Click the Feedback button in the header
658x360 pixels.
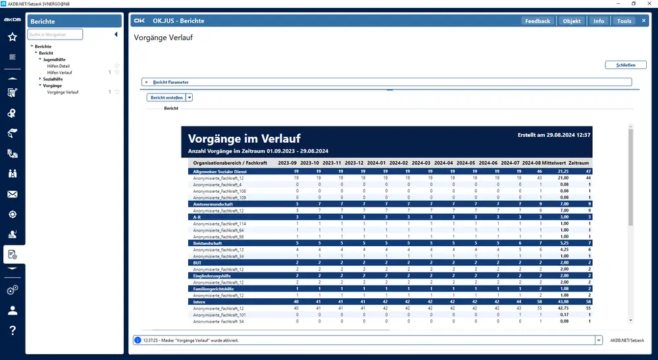pyautogui.click(x=537, y=21)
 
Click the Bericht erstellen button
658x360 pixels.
pyautogui.click(x=166, y=97)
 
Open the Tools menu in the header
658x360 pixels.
pyautogui.click(x=624, y=21)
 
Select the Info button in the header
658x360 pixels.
pyautogui.click(x=598, y=21)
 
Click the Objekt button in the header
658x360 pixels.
pyautogui.click(x=572, y=21)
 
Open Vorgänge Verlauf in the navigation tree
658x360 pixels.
pyautogui.click(x=63, y=92)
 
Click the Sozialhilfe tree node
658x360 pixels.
pyautogui.click(x=53, y=79)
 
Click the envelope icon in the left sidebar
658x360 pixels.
pyautogui.click(x=13, y=194)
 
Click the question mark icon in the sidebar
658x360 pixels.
pyautogui.click(x=13, y=330)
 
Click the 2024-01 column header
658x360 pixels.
pyautogui.click(x=376, y=162)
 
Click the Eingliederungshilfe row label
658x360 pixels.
pyautogui.click(x=213, y=276)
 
